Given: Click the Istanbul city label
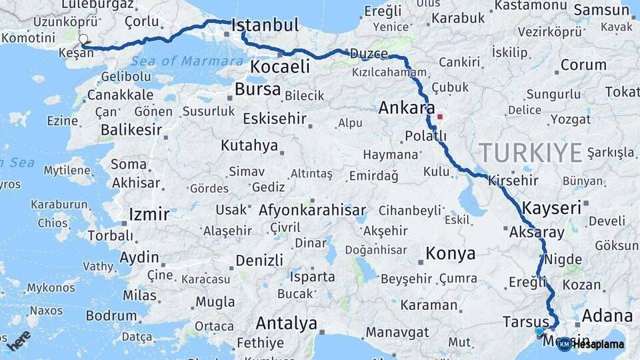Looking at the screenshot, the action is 265,27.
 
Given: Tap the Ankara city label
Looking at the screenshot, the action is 407,108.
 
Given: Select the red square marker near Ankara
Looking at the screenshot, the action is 440,117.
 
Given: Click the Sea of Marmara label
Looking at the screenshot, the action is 187,61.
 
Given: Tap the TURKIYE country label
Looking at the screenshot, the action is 531,153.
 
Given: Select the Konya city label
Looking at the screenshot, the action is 451,254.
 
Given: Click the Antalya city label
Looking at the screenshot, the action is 287,324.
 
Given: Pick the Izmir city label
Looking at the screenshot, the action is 149,215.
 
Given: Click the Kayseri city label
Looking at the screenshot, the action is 552,208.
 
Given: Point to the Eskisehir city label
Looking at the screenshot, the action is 275,119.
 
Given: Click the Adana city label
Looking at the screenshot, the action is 607,315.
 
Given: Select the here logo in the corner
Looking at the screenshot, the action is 19,342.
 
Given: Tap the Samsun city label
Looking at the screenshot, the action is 602,10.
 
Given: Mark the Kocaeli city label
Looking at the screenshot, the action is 281,67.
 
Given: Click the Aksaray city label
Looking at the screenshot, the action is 536,233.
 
